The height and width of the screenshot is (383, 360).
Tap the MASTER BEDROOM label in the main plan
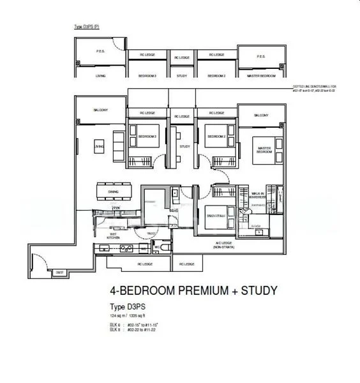265,149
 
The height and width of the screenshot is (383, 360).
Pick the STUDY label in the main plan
184,146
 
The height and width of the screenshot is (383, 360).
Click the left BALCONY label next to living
100,110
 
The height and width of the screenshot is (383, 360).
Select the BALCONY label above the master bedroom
261,116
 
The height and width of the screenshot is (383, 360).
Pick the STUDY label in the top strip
182,75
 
